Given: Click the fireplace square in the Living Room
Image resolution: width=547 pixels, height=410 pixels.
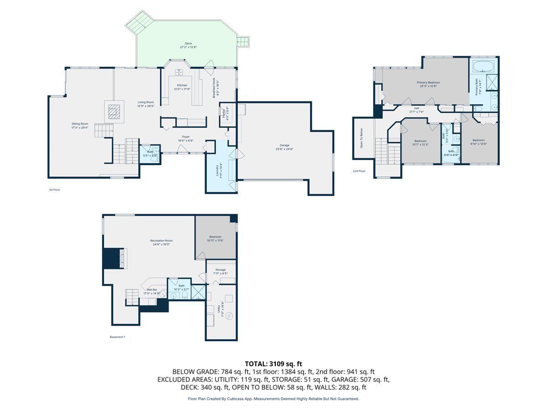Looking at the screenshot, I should (x=114, y=112).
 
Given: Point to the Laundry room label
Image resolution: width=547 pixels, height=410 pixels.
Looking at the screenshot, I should (x=220, y=169).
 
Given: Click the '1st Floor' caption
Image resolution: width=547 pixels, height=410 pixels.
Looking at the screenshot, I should (x=54, y=190).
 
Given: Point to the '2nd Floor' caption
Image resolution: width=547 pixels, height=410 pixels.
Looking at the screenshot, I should (x=359, y=171).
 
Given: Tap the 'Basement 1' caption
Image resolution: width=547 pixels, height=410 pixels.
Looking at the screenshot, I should (x=117, y=337).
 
